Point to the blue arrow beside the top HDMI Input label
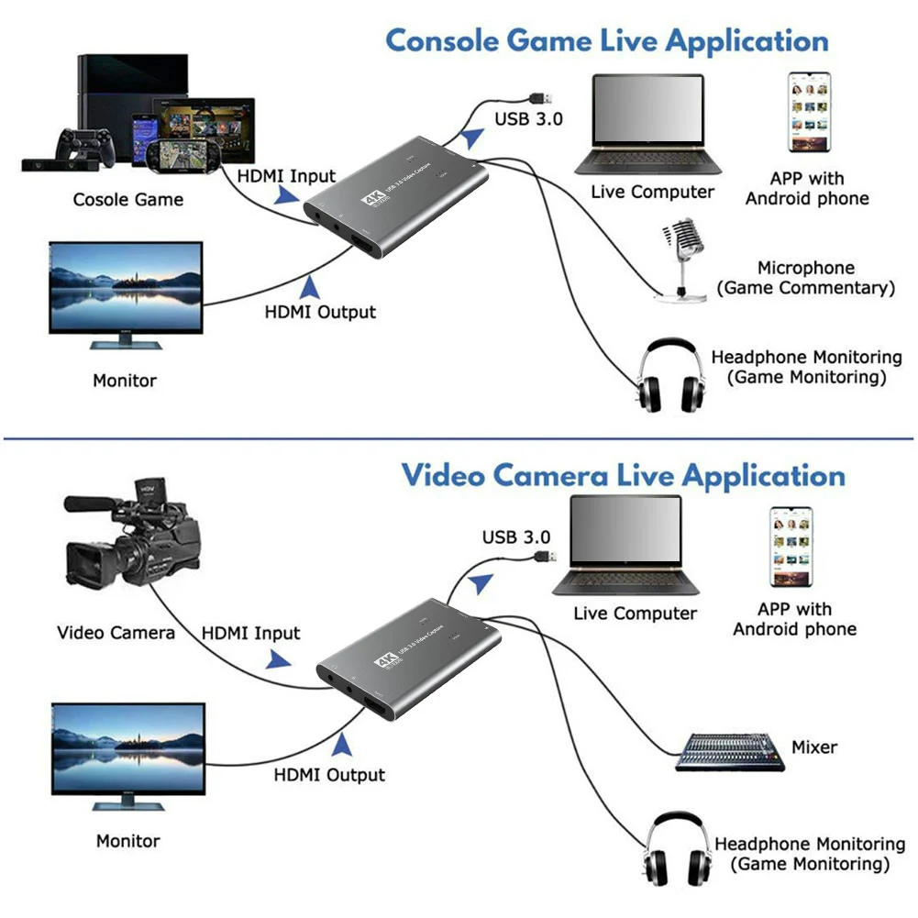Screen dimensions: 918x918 287,194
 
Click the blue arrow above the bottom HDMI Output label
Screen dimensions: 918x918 343,743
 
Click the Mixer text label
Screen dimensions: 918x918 813,747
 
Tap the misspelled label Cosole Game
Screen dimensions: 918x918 127,199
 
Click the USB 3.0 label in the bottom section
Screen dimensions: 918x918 516,537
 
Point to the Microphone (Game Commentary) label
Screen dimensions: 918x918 805,278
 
